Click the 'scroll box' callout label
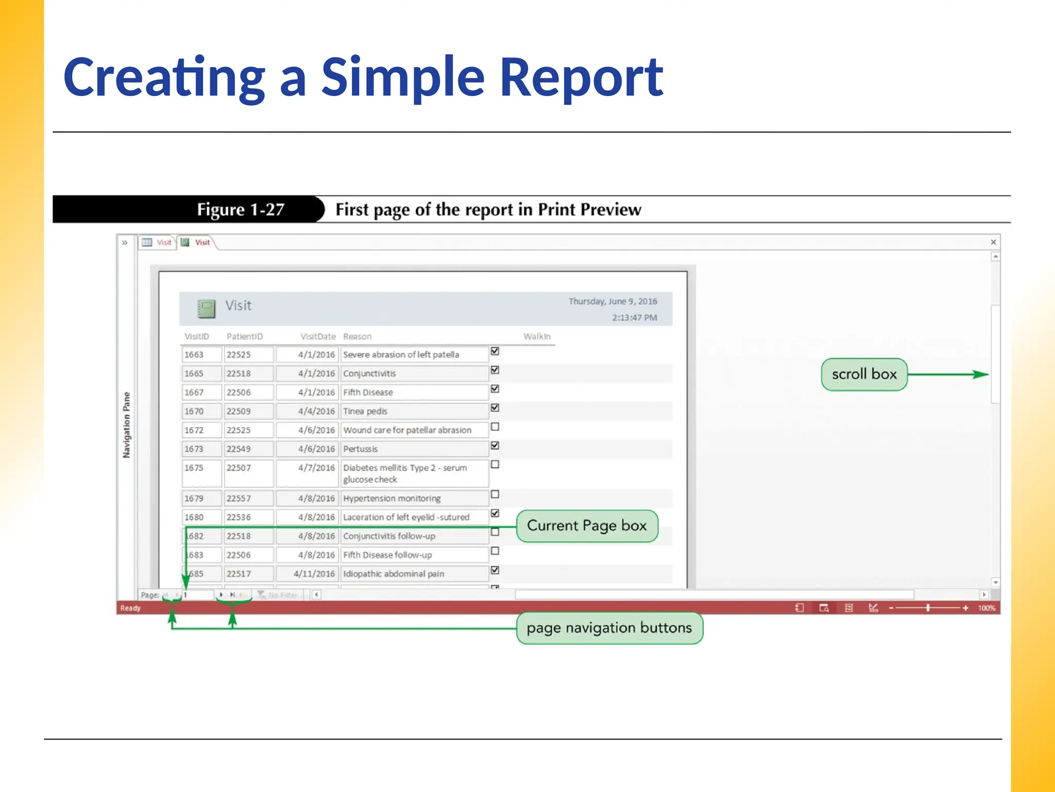(x=864, y=374)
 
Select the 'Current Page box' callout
(x=587, y=526)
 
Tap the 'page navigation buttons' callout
(x=609, y=628)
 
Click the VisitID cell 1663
(x=194, y=355)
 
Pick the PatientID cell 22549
(x=239, y=449)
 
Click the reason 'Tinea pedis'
(x=365, y=411)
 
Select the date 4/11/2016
(x=314, y=574)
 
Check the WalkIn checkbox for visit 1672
(x=495, y=427)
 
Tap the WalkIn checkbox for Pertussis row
(x=495, y=445)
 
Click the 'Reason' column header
(x=357, y=337)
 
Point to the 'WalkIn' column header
(x=537, y=337)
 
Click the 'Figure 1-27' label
(x=241, y=209)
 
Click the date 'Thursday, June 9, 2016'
(x=612, y=302)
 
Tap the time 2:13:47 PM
(x=634, y=318)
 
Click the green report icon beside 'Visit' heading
(x=207, y=308)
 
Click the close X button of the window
(x=993, y=242)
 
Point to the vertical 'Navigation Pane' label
(x=127, y=425)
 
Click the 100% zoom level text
(x=986, y=608)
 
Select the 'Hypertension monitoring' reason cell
(x=392, y=499)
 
